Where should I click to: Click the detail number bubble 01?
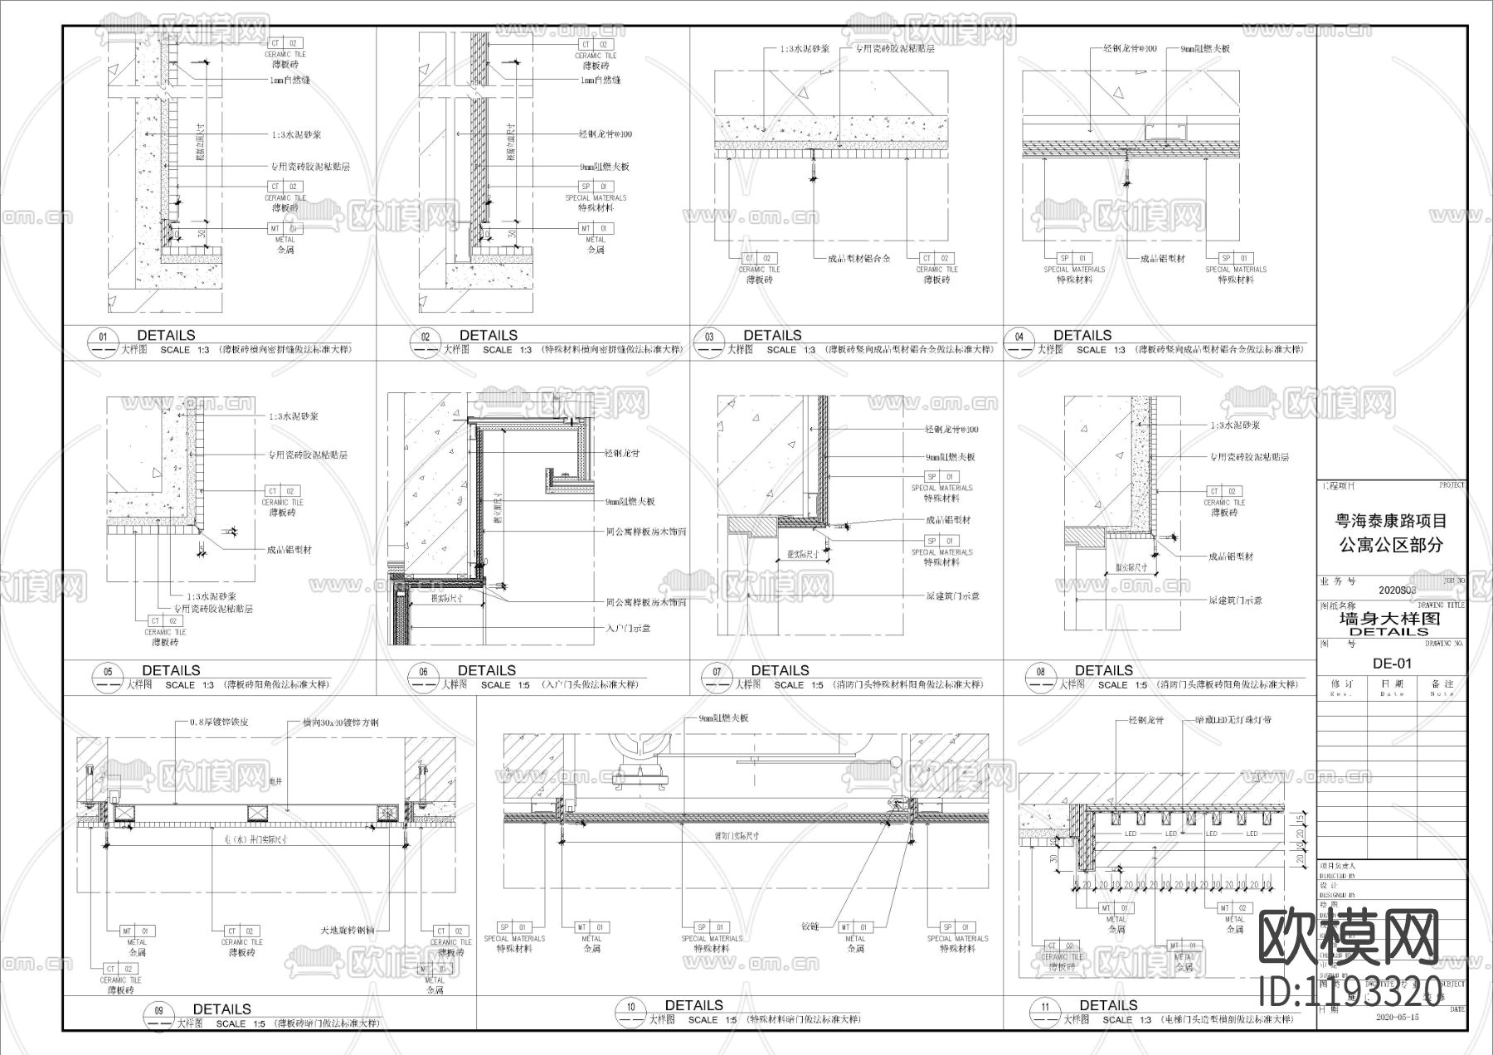tap(103, 338)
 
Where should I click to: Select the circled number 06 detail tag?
tap(424, 673)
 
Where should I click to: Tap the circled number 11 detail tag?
tap(1044, 1008)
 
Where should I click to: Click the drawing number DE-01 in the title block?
tap(1392, 664)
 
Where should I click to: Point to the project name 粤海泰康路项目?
tap(1391, 521)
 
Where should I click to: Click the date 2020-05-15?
tap(1398, 1016)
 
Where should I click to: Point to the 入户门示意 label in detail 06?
tap(628, 629)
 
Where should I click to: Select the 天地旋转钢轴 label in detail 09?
tap(348, 931)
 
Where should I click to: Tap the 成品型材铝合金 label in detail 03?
tap(858, 259)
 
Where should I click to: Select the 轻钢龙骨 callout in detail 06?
tap(621, 454)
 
